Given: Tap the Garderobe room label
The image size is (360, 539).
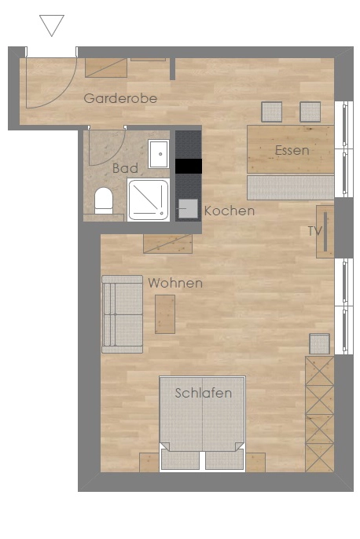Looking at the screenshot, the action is coord(120,99).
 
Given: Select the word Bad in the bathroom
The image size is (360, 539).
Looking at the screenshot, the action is coord(125,168).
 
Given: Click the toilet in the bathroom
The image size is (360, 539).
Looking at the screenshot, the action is coord(104,200).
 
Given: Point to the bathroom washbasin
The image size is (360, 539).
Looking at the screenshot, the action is coord(159,154).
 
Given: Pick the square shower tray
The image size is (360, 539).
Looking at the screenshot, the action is coord(149,200).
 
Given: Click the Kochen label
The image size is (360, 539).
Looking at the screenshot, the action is coord(230,211).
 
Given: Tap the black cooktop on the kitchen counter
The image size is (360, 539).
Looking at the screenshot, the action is coord(189,166).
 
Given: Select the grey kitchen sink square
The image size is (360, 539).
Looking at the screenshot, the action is coord(188,208).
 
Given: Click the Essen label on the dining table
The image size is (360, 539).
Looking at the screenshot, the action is coord(292,150).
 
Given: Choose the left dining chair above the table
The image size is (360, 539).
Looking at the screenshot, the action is coord(272,112).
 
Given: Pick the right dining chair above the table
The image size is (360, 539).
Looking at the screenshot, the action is coord(310,112).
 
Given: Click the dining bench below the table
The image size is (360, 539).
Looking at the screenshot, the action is coord(291,187).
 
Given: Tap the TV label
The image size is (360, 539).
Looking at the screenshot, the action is coord(315,231).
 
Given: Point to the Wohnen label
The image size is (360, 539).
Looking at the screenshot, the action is coord(175,283).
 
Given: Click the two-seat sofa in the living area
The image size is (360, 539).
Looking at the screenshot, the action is coord(122,314).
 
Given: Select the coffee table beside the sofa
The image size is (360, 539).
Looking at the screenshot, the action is coord(165,314).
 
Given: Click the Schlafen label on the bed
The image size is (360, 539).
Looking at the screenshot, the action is coord(203,393).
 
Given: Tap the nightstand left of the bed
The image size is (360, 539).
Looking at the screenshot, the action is coord(149,462).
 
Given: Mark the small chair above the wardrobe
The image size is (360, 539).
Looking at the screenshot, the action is coord(319,344).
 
